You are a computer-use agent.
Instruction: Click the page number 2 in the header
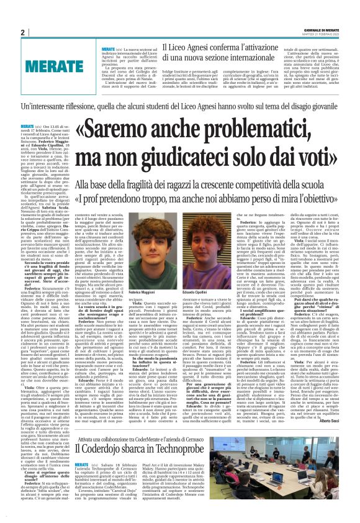(x=22, y=32)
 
